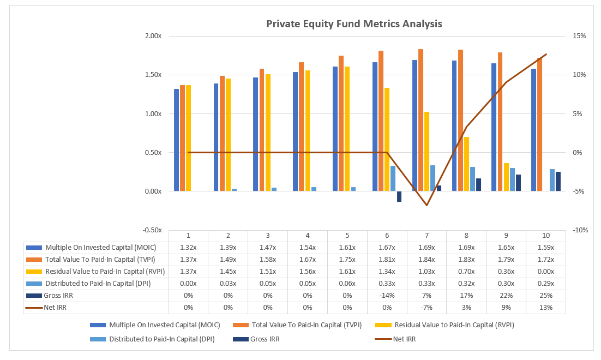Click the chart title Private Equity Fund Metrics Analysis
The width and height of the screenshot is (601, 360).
(353, 24)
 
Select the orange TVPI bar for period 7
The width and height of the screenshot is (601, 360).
(420, 120)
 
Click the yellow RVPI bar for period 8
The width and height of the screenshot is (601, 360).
(466, 164)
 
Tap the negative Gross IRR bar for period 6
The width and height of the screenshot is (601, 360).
(399, 197)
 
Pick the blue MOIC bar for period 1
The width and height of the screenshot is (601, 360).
(176, 140)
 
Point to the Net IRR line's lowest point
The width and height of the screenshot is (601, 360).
(427, 205)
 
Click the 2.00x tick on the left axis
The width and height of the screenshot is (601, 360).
(153, 36)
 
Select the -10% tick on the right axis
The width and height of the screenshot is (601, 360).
(579, 230)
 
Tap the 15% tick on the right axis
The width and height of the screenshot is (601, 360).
(579, 36)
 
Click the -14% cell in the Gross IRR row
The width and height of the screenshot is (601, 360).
(387, 296)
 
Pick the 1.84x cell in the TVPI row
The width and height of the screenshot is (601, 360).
(426, 259)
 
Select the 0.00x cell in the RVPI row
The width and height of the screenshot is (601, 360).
(545, 271)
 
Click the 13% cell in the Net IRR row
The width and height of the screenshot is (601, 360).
(545, 308)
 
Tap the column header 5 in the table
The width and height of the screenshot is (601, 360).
(347, 236)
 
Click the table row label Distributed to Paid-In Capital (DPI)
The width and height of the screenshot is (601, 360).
(98, 284)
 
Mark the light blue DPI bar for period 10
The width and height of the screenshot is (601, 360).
(552, 180)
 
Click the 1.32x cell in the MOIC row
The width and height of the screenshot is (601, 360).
(188, 247)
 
